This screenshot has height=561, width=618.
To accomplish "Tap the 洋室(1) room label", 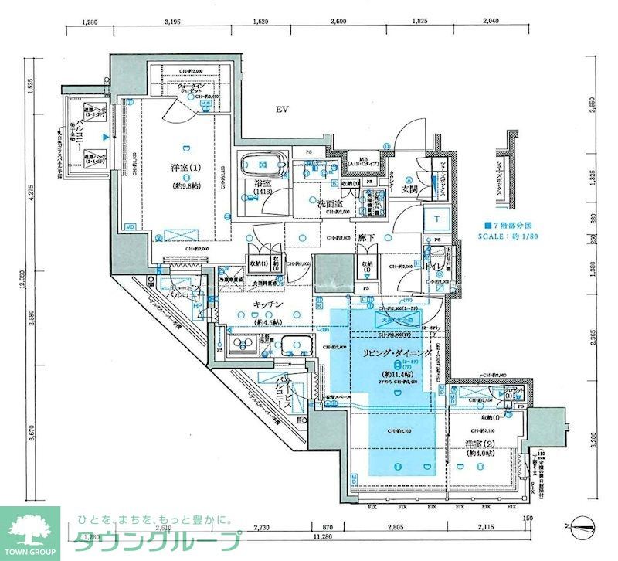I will coord(185,168).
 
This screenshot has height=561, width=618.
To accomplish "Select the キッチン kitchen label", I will coord(265,304).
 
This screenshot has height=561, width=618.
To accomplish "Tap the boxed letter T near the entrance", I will coord(437,219).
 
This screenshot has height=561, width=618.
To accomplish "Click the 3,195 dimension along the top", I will coord(171,22).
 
